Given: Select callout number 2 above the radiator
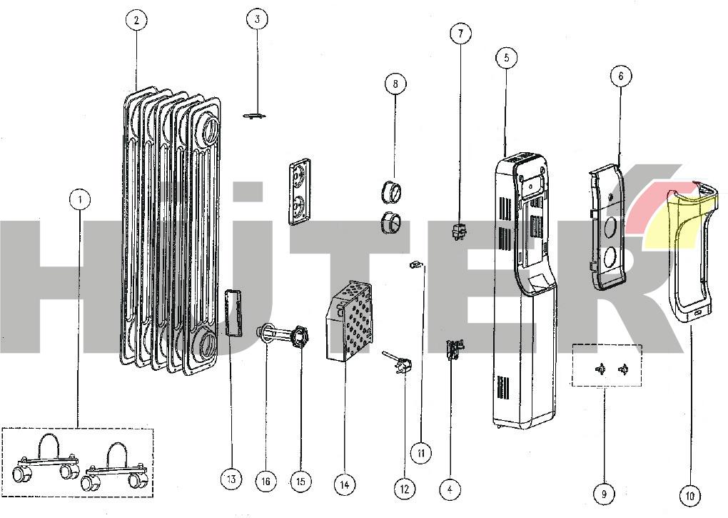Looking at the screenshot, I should (x=136, y=20).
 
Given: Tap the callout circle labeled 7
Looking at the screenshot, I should (x=460, y=34).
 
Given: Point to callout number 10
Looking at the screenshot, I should (x=689, y=495).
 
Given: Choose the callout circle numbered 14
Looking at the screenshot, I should (x=344, y=485).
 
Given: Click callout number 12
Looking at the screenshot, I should (x=405, y=489).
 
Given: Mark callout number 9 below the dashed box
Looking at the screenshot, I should (x=604, y=493).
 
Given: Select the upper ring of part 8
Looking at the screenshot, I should (x=392, y=191).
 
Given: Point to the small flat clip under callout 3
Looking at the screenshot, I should (x=254, y=114).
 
